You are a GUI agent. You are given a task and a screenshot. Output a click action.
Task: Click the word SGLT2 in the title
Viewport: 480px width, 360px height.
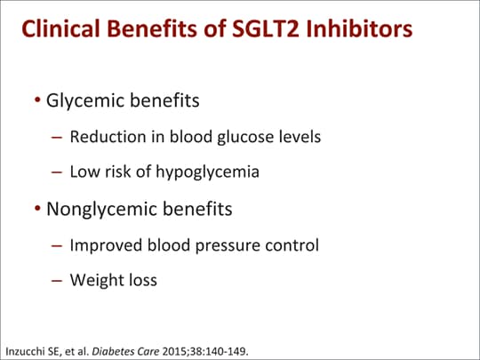pos(265,28)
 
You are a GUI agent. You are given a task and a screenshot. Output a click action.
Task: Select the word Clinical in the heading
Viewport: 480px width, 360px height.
pos(60,28)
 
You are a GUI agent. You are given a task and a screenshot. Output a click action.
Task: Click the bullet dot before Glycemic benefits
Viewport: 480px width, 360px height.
pos(37,100)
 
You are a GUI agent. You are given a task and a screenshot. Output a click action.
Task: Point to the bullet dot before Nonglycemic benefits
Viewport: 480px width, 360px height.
pos(37,208)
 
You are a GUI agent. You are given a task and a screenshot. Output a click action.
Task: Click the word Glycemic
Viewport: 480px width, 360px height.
pos(85,101)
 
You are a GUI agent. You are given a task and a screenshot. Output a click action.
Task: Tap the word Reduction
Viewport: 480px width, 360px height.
pos(108,137)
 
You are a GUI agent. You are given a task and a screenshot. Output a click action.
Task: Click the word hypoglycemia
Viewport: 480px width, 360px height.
pos(207,172)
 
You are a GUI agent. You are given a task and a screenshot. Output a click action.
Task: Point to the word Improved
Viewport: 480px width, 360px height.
pos(106,245)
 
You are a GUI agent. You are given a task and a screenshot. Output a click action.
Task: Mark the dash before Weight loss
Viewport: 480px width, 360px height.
pos(57,280)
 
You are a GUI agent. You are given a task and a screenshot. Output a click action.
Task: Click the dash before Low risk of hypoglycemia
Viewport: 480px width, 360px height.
pos(57,172)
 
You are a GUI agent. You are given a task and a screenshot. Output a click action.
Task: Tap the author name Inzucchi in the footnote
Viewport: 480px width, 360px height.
pos(25,351)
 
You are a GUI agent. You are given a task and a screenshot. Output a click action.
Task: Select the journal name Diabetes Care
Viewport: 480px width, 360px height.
pos(125,351)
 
